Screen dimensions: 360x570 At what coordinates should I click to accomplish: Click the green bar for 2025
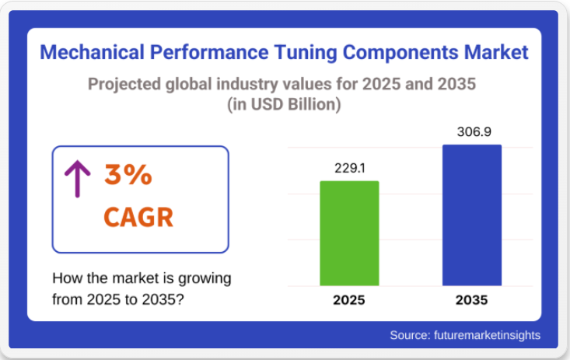pyautogui.click(x=349, y=233)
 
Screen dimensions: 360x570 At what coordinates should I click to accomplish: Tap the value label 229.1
pyautogui.click(x=349, y=167)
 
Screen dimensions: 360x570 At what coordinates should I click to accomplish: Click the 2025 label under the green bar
pyautogui.click(x=349, y=300)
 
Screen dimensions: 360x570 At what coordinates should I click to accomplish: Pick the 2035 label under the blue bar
pyautogui.click(x=471, y=300)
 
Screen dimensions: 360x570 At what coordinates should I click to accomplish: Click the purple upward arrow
pyautogui.click(x=77, y=178)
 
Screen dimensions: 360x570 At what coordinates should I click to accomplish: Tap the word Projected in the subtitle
pyautogui.click(x=124, y=83)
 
